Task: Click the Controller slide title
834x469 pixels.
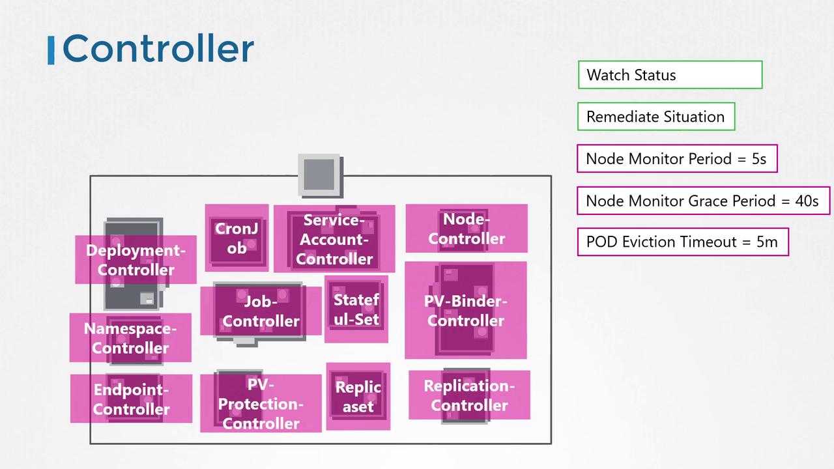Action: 158,49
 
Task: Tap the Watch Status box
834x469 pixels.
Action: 670,75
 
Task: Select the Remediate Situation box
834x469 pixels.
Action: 655,117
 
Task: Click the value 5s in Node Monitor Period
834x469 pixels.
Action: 758,159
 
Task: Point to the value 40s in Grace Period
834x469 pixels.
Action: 807,201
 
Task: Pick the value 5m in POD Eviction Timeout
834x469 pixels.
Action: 767,242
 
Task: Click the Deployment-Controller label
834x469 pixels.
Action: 136,260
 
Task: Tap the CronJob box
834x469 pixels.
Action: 237,238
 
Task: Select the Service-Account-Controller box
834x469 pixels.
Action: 334,239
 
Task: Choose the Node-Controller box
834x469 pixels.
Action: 467,229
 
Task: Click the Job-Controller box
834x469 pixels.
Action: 261,311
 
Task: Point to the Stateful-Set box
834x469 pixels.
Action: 356,309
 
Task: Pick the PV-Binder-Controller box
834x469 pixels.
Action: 466,311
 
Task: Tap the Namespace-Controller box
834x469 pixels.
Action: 130,338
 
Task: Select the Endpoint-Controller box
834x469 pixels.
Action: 131,399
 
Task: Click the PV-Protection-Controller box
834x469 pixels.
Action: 261,404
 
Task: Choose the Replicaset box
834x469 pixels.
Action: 358,397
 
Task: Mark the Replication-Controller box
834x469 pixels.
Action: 469,395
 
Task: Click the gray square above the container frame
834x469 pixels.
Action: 320,175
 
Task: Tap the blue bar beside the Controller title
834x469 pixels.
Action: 51,51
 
